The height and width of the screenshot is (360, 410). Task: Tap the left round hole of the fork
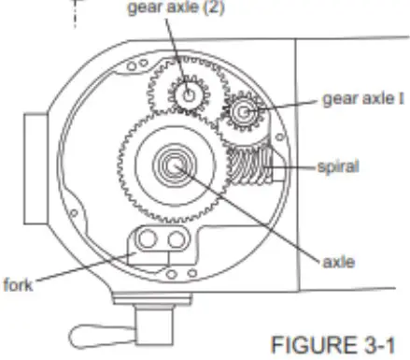[148, 242]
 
